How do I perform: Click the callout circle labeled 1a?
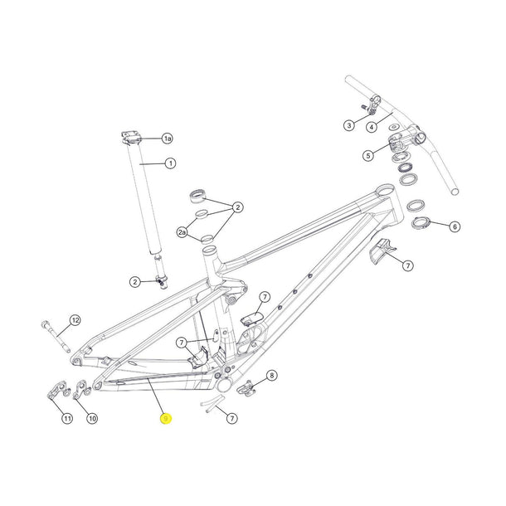coord(167,138)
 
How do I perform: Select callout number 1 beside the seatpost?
coord(170,163)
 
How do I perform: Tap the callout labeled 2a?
coord(182,233)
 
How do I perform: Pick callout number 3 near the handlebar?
coord(349,125)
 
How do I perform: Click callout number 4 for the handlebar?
coord(372,126)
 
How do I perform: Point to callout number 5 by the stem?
coord(367,154)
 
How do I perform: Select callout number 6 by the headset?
coord(454,226)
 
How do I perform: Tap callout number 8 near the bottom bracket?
coord(272,376)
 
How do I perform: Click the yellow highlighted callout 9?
coord(166,420)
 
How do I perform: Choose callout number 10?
coord(92,419)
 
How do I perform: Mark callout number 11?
coord(67,419)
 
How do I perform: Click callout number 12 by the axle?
coord(75,320)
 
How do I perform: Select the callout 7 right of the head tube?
coord(407,265)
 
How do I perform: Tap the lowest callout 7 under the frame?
coord(232,419)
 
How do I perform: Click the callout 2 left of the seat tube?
coord(134,283)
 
